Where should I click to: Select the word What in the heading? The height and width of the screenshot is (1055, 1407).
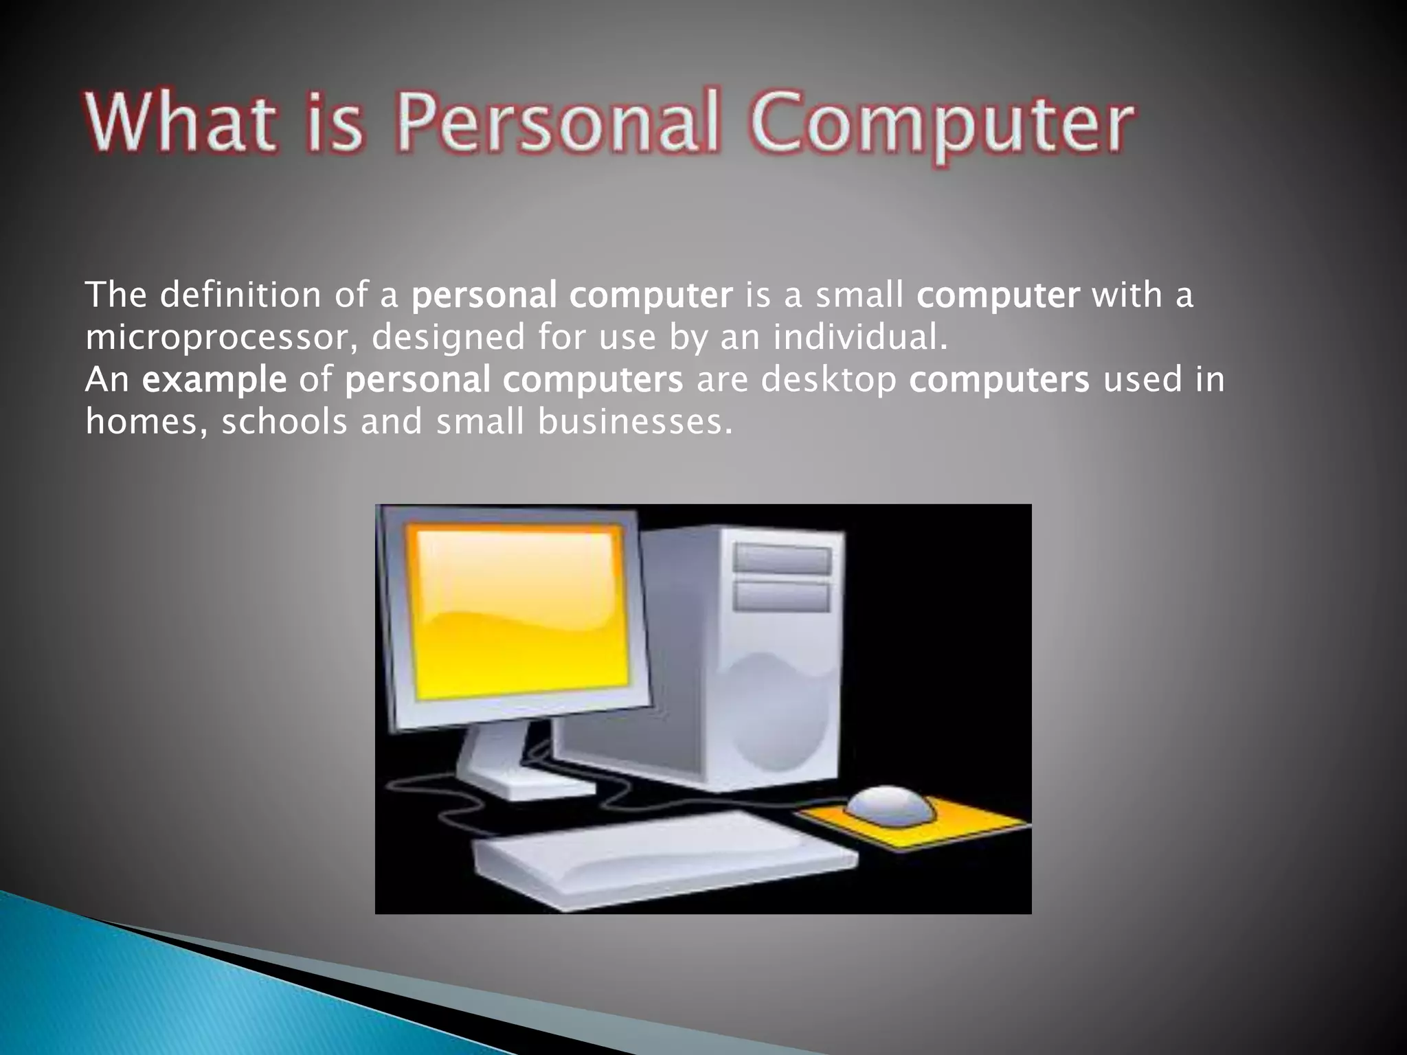click(180, 124)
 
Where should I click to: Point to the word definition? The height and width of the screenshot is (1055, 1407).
click(240, 295)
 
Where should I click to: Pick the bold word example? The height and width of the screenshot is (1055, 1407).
click(214, 380)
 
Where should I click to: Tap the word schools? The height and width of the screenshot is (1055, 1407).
click(284, 421)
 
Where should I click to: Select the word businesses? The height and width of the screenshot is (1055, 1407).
click(635, 421)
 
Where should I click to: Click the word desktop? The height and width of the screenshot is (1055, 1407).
click(829, 379)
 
